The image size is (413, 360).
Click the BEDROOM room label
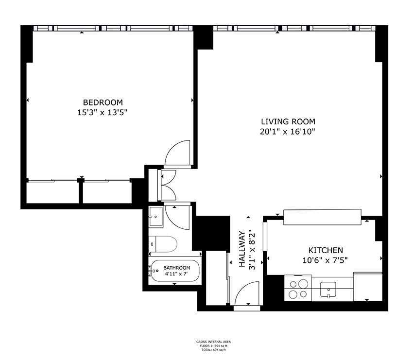coord(103,103)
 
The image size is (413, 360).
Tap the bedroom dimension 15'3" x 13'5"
coord(103,112)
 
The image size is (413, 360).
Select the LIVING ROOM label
coord(288,122)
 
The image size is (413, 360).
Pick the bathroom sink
coord(156,215)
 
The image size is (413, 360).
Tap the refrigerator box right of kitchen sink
coord(367,287)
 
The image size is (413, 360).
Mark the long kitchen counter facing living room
coord(322,217)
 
